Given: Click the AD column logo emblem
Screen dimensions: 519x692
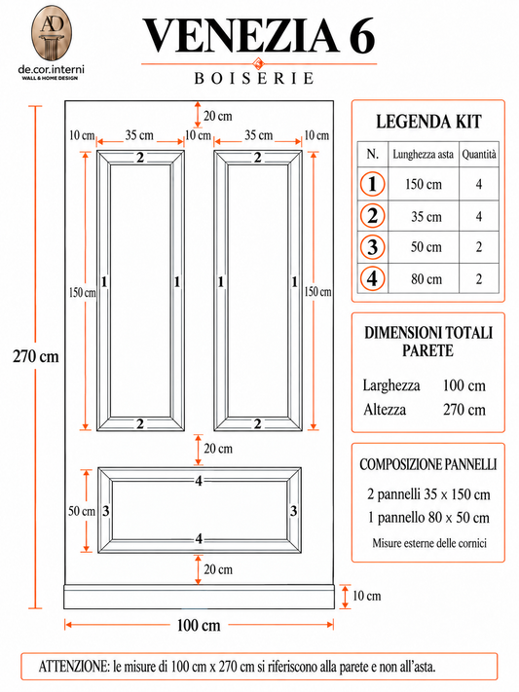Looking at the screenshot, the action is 52,33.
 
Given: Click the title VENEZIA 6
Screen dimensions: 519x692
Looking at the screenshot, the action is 259,37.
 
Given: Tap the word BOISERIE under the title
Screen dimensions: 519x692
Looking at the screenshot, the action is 254,78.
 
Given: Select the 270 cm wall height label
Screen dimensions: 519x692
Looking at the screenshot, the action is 36,356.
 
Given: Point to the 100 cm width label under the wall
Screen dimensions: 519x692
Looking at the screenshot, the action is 199,625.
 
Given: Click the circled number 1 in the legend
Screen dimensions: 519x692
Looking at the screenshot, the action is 372,184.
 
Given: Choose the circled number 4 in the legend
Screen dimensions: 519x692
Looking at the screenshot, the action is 372,279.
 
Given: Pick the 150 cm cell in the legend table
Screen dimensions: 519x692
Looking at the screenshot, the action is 424,184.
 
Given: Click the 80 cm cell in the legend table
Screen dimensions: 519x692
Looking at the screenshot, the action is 426,279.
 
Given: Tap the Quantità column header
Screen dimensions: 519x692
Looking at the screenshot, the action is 479,154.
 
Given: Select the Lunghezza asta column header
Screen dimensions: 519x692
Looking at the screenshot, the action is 424,155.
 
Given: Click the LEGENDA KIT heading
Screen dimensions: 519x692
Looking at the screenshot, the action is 428,122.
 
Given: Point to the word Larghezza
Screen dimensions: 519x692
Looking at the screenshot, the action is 391,385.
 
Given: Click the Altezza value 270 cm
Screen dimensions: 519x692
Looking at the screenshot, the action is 464,410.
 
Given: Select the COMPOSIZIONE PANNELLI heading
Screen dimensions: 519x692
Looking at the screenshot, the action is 428,464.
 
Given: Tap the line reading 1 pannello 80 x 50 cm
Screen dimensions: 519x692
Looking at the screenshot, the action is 428,517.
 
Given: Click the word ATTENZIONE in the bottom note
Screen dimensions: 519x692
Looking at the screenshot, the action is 74,667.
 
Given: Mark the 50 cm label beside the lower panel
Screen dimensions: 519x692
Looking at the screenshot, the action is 81,511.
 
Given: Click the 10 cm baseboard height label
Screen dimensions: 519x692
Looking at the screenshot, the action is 367,596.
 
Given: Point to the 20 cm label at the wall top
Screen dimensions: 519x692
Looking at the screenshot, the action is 218,116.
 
